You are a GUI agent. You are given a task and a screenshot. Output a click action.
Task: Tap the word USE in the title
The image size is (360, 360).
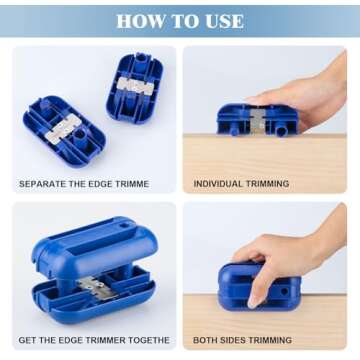(221, 20)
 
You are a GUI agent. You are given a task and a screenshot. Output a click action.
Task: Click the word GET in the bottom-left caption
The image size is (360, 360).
(27, 340)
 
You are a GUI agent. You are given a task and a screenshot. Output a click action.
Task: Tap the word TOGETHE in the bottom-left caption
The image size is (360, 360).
(149, 340)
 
